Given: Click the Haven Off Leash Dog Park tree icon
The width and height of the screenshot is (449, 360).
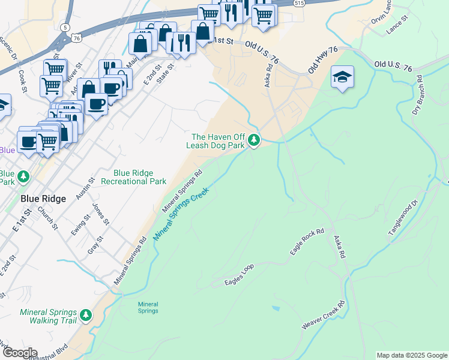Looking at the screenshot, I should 255,140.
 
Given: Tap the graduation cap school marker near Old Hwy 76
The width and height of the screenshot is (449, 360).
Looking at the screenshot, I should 342,77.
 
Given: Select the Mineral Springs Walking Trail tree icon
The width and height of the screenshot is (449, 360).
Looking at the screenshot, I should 86,314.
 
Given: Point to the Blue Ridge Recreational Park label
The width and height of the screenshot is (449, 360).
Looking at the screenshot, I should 133,177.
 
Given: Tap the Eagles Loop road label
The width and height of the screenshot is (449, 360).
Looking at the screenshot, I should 240,274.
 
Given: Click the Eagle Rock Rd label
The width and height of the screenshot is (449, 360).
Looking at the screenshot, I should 307,242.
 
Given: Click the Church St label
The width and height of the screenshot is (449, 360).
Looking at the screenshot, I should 46,218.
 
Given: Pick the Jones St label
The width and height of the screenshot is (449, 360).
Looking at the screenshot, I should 100,214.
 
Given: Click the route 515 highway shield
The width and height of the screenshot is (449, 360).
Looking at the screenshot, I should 300,3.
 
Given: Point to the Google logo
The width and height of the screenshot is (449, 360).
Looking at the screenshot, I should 19,353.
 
